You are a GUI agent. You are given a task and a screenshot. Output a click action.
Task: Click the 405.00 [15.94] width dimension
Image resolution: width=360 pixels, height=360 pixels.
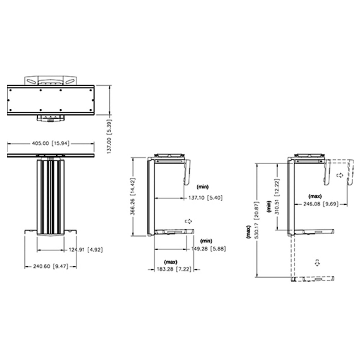pos(50,144)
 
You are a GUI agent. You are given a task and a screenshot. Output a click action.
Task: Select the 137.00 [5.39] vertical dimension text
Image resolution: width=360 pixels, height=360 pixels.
pos(109,136)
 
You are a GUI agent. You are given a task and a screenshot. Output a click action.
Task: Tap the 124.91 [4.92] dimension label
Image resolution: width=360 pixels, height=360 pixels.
pos(86,250)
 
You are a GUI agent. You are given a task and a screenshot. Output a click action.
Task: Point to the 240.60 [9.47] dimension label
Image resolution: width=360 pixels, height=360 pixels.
pos(50,266)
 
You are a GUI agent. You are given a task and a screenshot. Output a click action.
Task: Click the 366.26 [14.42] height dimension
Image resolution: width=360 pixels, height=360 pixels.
pos(133,196)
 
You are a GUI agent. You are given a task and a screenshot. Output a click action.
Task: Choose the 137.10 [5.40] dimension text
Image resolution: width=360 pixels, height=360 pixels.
pos(206,198)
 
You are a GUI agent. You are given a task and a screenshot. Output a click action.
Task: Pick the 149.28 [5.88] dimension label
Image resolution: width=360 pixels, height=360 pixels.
pos(209,249)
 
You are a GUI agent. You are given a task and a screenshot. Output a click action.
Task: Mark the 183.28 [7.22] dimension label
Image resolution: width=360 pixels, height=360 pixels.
pos(174,269)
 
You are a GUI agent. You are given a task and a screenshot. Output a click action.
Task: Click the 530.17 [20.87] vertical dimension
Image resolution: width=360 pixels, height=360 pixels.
pos(256,220)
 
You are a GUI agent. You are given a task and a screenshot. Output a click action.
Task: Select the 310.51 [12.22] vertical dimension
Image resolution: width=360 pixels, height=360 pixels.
pos(277,197)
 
